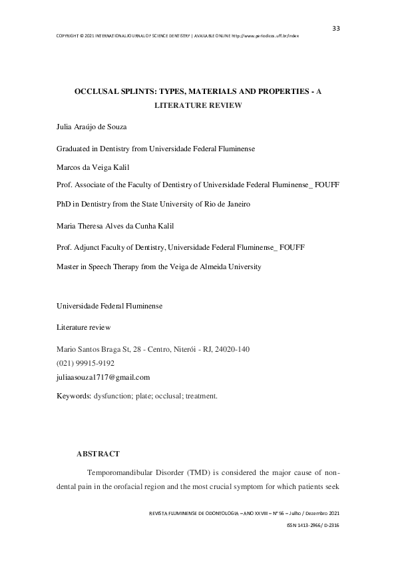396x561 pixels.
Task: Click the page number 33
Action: pyautogui.click(x=336, y=28)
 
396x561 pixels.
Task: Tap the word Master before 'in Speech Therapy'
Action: pyautogui.click(x=69, y=267)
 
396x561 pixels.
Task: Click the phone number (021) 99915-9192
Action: pyautogui.click(x=86, y=363)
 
